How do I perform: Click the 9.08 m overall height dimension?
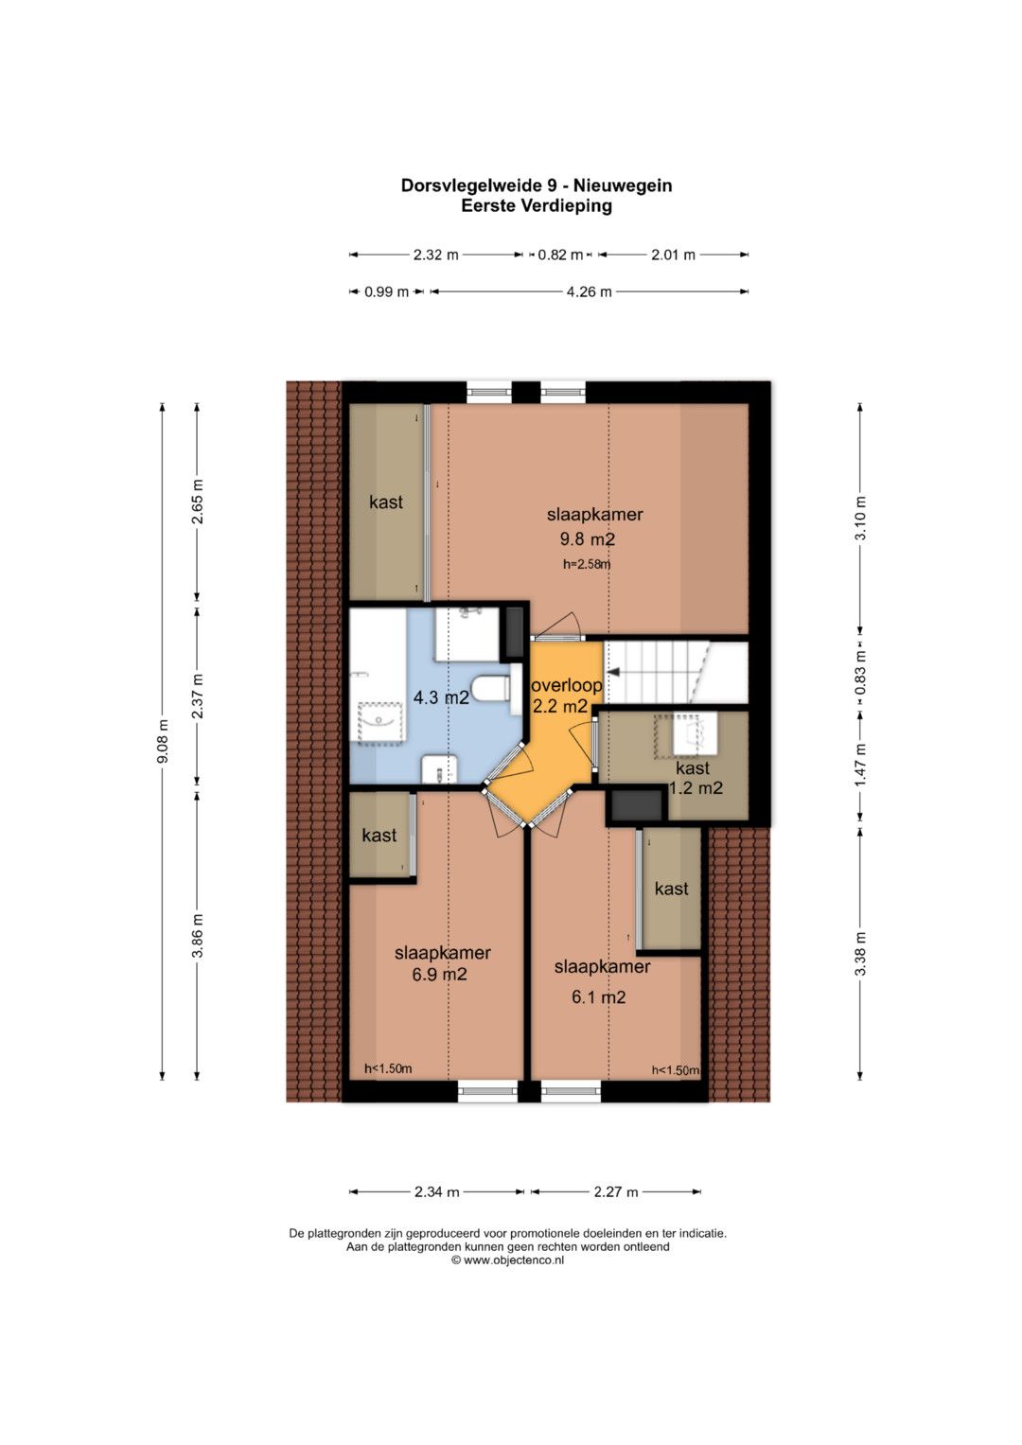pos(163,741)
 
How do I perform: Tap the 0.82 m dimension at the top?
pos(560,255)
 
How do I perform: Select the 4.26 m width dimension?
pos(589,292)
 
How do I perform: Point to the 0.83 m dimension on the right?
pos(860,673)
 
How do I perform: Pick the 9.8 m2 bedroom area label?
pos(588,538)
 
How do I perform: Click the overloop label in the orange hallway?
pos(566,685)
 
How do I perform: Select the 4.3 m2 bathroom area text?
pos(441,696)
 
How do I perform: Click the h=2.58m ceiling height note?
pos(587,564)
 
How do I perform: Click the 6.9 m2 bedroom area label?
pos(439,974)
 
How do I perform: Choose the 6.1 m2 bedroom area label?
pos(599,997)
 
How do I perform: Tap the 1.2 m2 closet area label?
pos(696,787)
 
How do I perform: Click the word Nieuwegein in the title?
pos(624,185)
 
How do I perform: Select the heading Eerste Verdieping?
pos(537,205)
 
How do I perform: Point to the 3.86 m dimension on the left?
pos(198,936)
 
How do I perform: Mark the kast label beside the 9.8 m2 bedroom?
pos(386,502)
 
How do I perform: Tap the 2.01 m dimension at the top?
pos(673,255)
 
